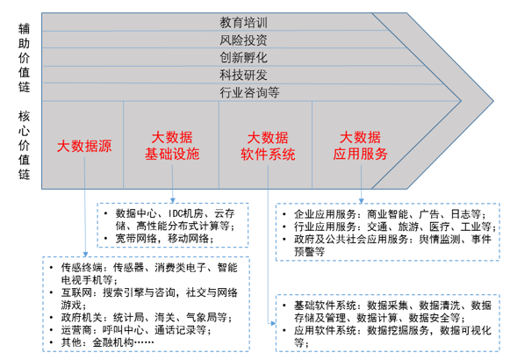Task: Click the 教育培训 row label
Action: (x=243, y=23)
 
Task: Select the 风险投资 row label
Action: (x=243, y=40)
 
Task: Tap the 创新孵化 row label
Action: (x=243, y=58)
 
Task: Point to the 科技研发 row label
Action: (x=243, y=76)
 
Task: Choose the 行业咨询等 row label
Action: (x=249, y=93)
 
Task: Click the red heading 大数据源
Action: (x=84, y=146)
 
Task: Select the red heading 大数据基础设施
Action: (x=172, y=146)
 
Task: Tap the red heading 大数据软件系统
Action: (x=268, y=146)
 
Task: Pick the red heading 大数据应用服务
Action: (x=361, y=146)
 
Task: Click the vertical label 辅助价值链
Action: (x=24, y=58)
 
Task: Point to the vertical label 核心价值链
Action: (x=24, y=145)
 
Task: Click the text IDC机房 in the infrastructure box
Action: (x=185, y=213)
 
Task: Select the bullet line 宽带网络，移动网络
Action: (x=164, y=239)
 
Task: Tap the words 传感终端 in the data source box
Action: (x=82, y=268)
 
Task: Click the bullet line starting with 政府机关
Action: (x=147, y=317)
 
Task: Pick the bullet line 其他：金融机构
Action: (x=107, y=342)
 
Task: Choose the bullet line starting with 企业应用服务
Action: (x=391, y=214)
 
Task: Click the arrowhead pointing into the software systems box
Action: (x=273, y=323)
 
